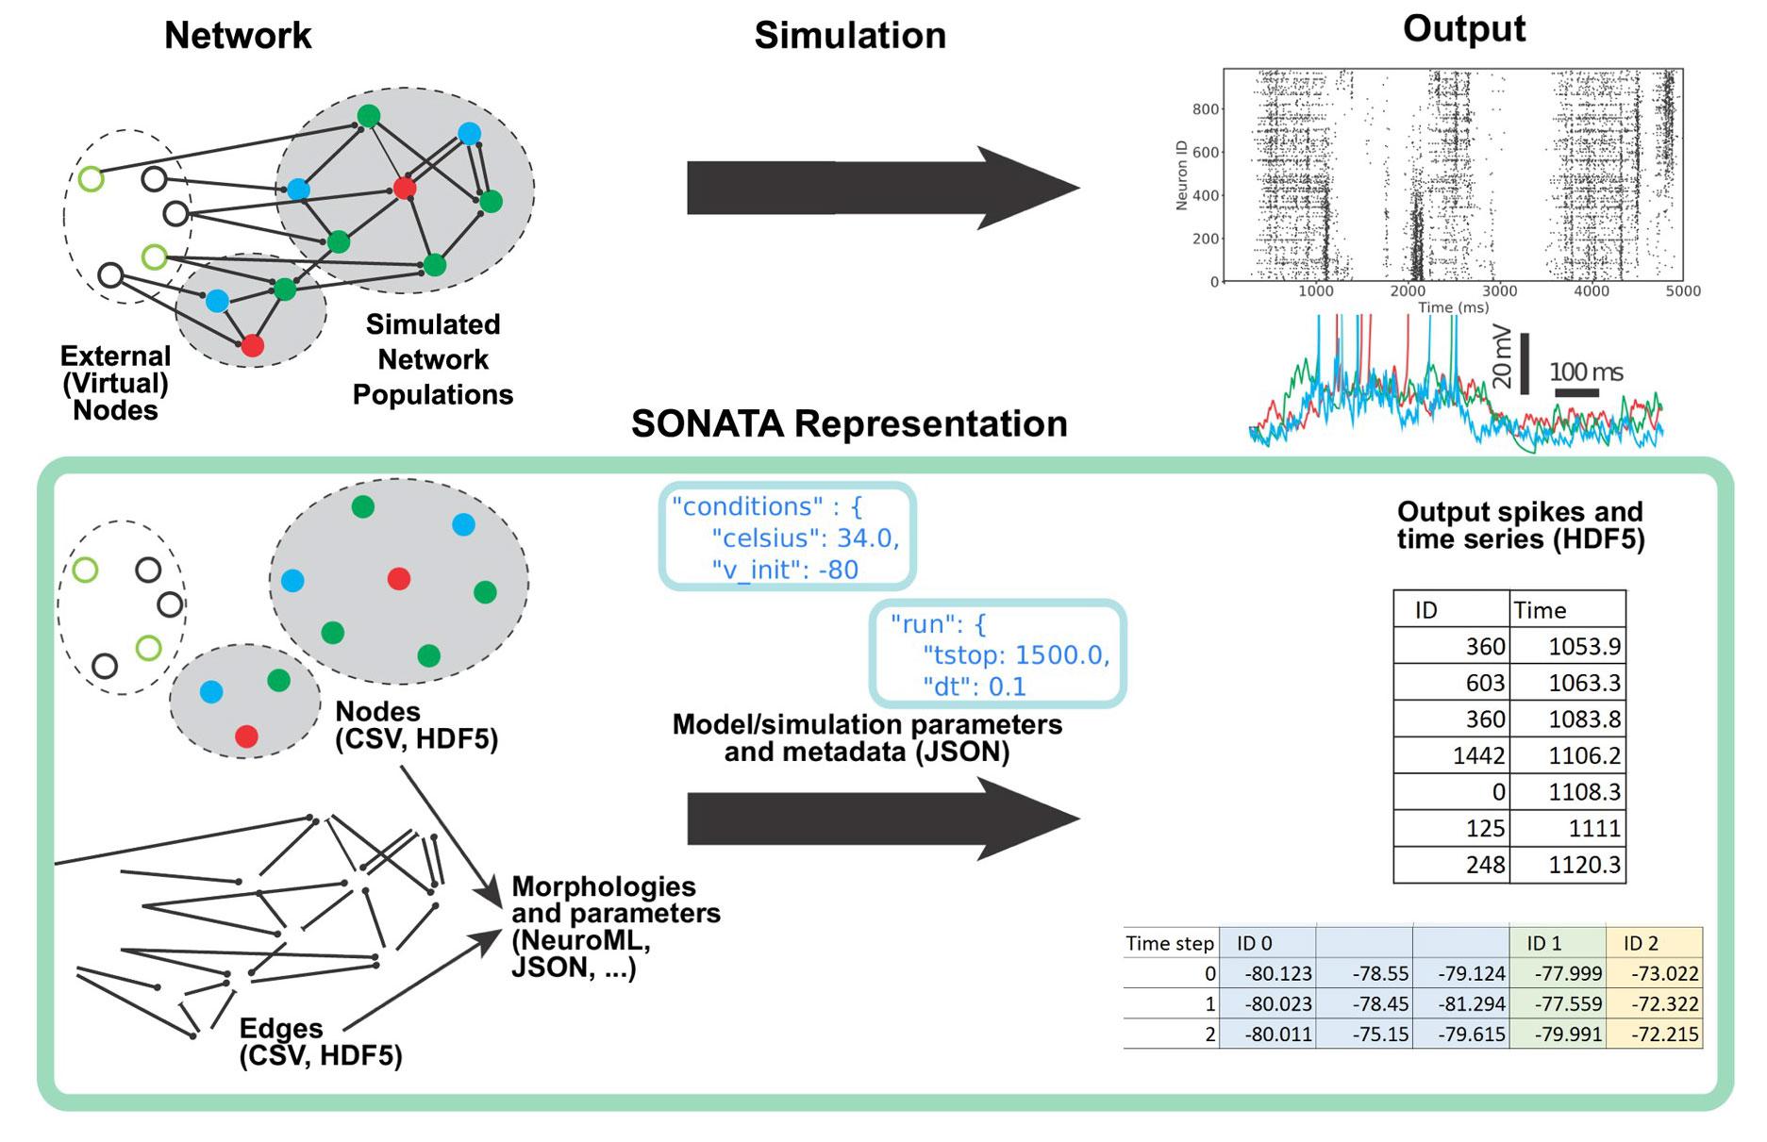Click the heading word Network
point(238,36)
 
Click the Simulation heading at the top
point(850,36)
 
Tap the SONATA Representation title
point(849,424)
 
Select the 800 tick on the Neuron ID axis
point(1205,109)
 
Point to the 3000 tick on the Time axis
point(1498,291)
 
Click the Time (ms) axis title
point(1453,307)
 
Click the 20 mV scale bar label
point(1503,357)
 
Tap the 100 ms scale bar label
point(1586,372)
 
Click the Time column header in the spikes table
point(1540,610)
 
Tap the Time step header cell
point(1170,943)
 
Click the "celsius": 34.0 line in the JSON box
point(805,538)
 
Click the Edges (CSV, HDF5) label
point(321,1041)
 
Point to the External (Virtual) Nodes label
point(115,383)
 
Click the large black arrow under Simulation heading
point(882,188)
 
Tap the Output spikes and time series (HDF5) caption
point(1520,525)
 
